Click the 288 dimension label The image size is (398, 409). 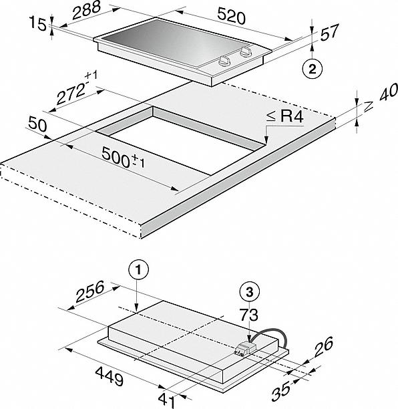pos(86,11)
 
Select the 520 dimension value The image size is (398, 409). pos(231,16)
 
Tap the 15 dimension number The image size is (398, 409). pos(37,23)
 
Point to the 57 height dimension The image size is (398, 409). pos(329,32)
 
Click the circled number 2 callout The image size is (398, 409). pos(313,69)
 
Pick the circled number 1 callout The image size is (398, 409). pos(138,270)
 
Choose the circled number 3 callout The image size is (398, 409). pos(250,292)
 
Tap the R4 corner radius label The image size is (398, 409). pos(284,116)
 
